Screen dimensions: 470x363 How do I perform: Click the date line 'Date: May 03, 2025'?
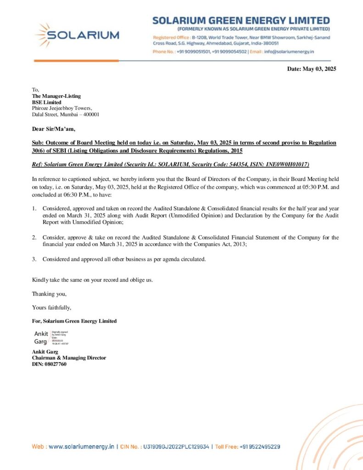(312, 69)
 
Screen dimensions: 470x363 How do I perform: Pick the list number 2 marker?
(34, 238)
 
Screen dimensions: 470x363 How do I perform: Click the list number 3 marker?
(34, 259)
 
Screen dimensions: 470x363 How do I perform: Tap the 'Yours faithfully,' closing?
(51, 307)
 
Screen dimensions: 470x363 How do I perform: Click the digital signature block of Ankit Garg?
(51, 337)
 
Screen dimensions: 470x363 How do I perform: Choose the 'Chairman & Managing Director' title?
(69, 358)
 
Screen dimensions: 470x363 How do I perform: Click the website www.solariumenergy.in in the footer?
(81, 446)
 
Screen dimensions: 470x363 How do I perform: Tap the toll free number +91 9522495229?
(260, 446)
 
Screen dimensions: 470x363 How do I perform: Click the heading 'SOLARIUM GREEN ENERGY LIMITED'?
(241, 21)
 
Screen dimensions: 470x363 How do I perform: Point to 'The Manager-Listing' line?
(56, 96)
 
